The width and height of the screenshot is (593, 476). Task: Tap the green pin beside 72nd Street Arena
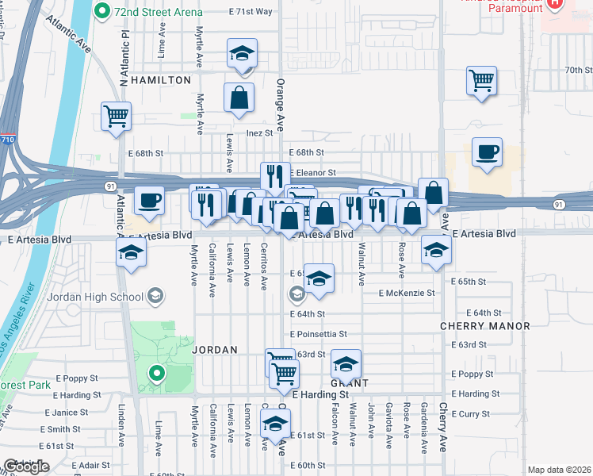coord(101,12)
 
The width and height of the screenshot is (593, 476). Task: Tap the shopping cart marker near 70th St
coord(481,82)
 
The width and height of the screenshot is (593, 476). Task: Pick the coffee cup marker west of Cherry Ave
coord(487,152)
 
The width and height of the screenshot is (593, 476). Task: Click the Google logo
coord(26,466)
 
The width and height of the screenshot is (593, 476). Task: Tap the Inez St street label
coord(259,133)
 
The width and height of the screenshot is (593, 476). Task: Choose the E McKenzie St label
coord(407,293)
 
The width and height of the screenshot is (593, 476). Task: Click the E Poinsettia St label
coord(319,334)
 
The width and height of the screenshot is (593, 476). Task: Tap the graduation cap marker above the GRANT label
coord(346,365)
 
